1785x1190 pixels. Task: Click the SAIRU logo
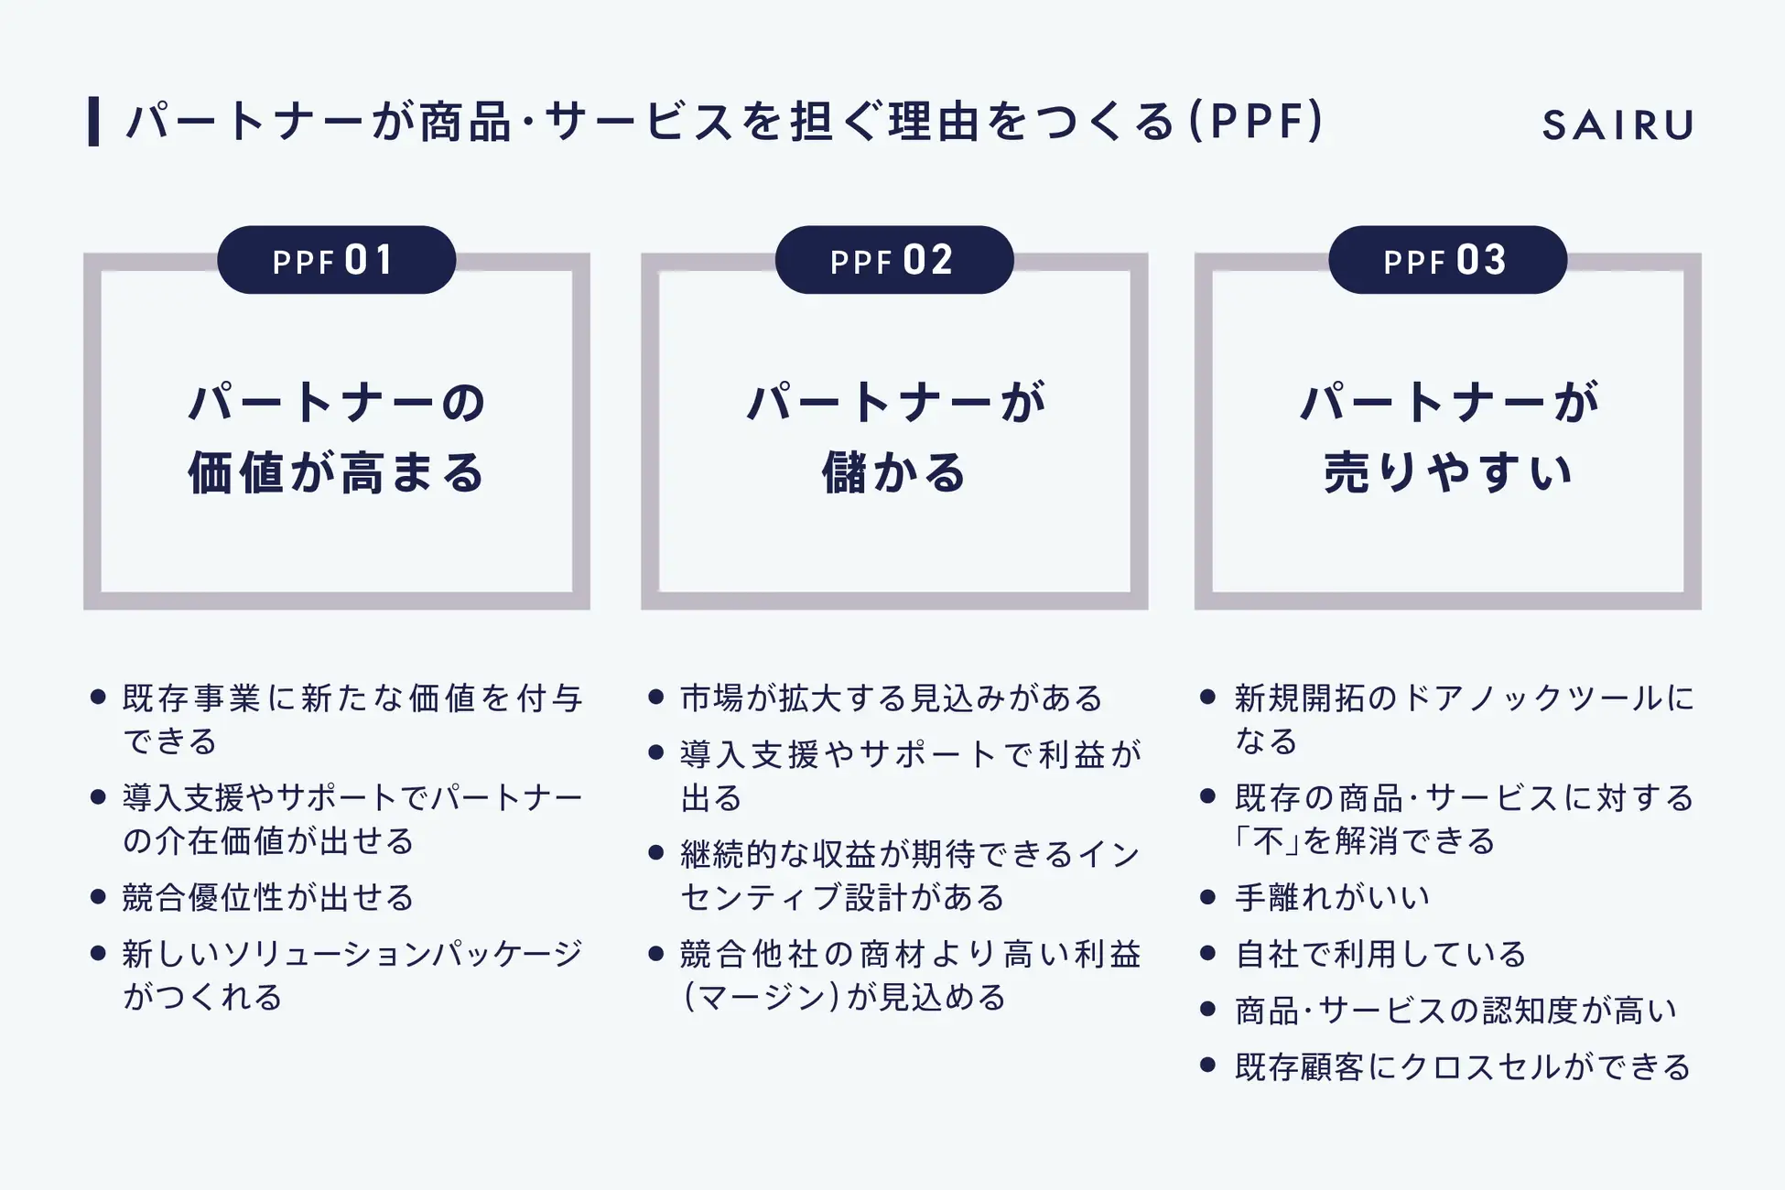coord(1617,124)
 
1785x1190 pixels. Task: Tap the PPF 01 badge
coord(336,260)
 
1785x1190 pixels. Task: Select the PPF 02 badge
coord(893,260)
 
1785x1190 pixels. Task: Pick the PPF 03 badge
coord(1447,260)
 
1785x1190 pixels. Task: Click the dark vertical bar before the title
coord(93,122)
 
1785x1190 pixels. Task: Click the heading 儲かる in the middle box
coord(893,473)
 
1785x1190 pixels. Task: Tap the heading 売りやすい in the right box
coord(1447,473)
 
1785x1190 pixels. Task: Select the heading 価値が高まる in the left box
coord(336,473)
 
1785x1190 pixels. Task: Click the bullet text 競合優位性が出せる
coord(268,897)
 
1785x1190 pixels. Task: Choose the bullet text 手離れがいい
coord(1332,897)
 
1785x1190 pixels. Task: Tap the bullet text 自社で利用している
coord(1380,954)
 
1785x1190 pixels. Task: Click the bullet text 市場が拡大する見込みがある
coord(892,698)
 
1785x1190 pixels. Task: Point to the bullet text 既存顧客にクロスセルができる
coord(1462,1066)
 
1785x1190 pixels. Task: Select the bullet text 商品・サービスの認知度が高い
coord(1455,1011)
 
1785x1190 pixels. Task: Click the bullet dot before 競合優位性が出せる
coord(99,897)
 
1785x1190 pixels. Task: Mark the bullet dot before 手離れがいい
coord(1207,897)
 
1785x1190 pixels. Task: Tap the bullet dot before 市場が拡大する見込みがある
coord(655,698)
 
